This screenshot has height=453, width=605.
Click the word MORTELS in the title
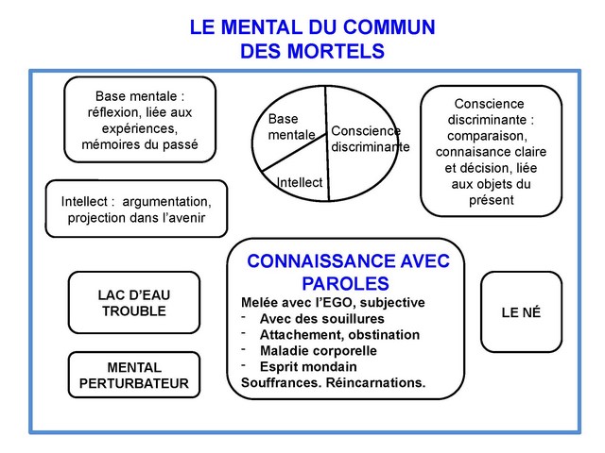tap(337, 50)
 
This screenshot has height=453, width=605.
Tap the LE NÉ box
tap(521, 312)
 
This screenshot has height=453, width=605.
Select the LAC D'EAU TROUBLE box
tap(133, 302)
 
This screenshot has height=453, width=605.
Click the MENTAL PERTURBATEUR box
tap(133, 375)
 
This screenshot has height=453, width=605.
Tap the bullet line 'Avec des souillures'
tap(316, 318)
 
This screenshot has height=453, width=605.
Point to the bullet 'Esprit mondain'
tap(308, 366)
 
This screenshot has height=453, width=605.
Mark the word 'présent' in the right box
tap(491, 200)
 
